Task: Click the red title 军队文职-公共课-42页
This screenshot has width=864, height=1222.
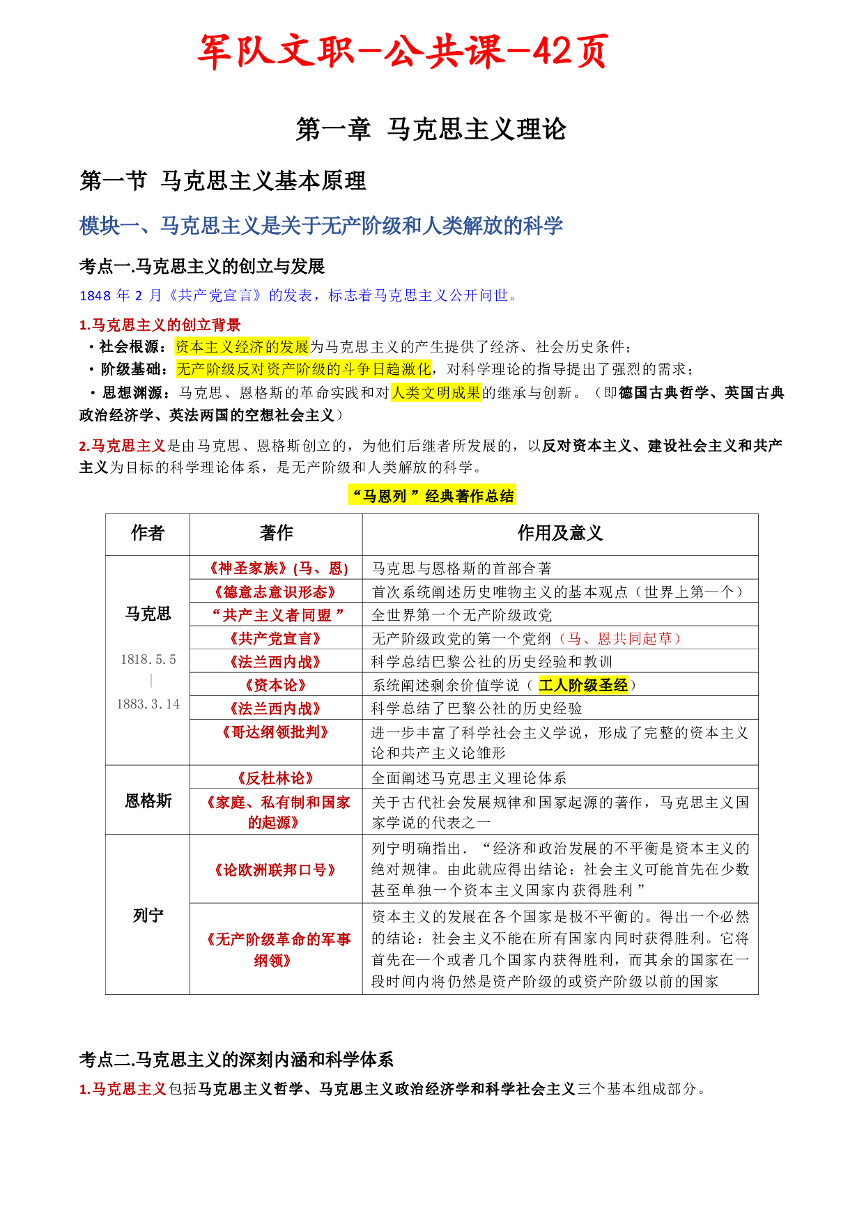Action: point(403,52)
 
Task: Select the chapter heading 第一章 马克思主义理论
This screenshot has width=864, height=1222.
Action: point(431,130)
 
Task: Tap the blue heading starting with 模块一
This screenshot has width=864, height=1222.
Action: point(321,226)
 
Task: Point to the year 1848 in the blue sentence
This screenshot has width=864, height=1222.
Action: point(95,296)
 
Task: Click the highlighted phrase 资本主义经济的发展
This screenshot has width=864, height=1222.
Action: point(242,347)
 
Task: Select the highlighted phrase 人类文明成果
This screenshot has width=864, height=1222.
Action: point(436,393)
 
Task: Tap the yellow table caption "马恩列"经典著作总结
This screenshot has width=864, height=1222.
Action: point(432,496)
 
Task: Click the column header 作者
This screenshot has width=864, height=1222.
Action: point(147,534)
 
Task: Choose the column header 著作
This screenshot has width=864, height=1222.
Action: point(276,534)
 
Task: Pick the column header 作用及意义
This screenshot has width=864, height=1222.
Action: point(560,534)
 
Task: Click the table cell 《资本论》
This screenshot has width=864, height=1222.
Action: point(276,686)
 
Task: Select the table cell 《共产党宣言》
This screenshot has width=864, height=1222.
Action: point(276,639)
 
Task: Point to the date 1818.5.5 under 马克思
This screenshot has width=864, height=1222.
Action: point(148,659)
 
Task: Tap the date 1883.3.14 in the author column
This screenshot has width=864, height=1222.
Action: point(148,704)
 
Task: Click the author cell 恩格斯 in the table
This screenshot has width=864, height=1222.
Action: point(148,801)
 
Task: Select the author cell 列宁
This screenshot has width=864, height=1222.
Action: point(148,915)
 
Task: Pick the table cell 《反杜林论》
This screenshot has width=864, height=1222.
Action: point(276,778)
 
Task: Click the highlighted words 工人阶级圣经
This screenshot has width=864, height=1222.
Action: point(583,686)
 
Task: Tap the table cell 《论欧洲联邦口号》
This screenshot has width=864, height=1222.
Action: point(276,870)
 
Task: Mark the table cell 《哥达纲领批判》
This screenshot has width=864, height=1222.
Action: point(276,732)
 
